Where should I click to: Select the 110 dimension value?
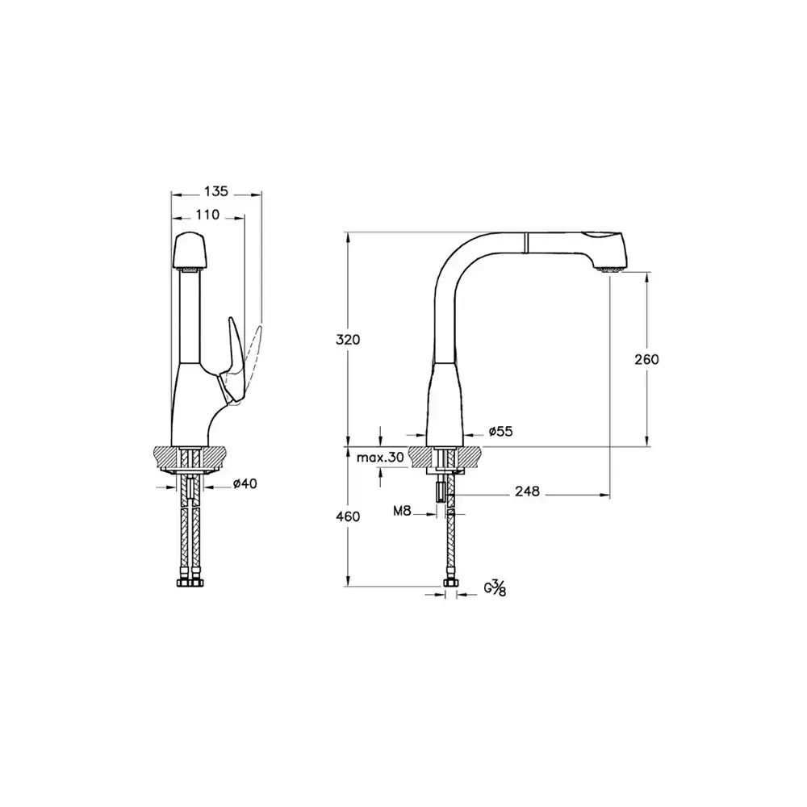(207, 215)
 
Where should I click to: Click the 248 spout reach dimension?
(526, 491)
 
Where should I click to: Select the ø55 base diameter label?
(501, 432)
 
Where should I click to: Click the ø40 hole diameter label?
(245, 484)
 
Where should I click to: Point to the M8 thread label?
(403, 511)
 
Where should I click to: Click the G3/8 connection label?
(495, 591)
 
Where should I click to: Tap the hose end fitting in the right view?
(449, 583)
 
